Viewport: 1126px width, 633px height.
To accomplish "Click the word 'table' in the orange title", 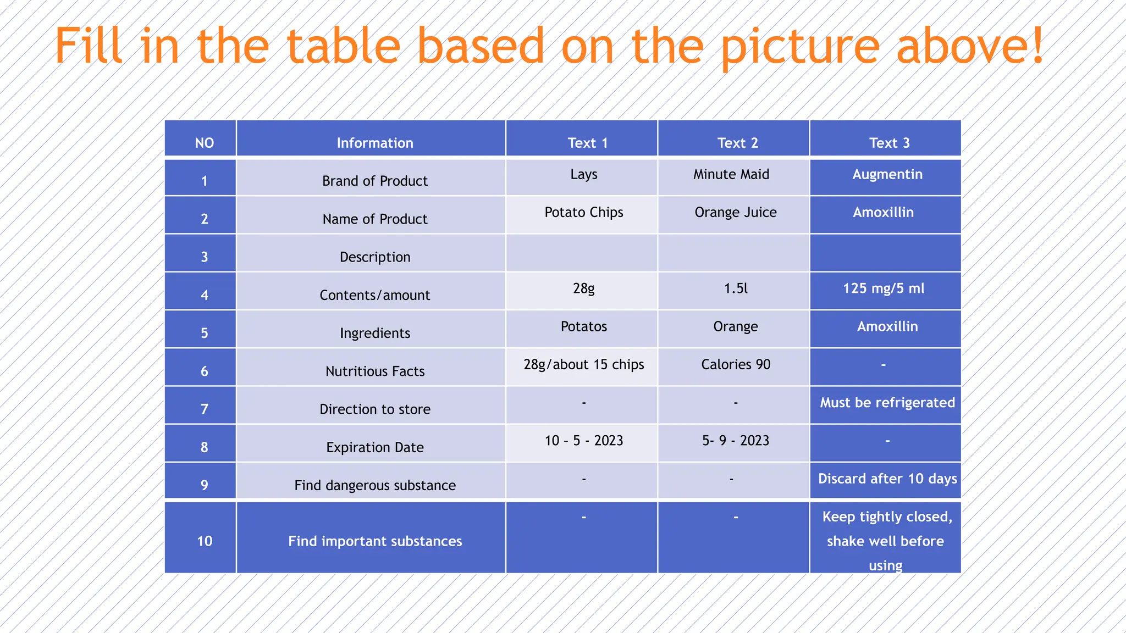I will click(x=344, y=46).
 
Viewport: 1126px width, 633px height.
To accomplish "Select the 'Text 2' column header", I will click(x=737, y=143).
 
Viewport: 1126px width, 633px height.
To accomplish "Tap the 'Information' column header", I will click(x=375, y=143).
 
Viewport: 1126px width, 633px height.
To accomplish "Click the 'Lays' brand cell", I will click(x=583, y=175).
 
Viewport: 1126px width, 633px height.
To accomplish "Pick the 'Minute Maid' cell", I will click(x=731, y=175).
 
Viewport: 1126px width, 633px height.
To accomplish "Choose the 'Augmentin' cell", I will click(x=887, y=175).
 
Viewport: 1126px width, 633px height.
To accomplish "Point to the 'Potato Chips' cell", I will click(x=583, y=213).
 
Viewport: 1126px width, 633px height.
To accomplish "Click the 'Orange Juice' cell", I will click(x=736, y=213).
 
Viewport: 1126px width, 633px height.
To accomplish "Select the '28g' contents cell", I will click(x=583, y=288).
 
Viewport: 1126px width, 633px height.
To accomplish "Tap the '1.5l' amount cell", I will click(x=736, y=288).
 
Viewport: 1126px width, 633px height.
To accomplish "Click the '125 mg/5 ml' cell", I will click(x=884, y=288).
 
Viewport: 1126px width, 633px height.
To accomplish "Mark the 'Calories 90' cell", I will click(x=736, y=365).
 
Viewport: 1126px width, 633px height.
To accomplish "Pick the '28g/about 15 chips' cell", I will click(x=583, y=365).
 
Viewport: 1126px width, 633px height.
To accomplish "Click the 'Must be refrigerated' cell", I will click(x=887, y=403).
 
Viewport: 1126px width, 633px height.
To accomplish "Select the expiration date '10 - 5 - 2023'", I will click(x=583, y=441).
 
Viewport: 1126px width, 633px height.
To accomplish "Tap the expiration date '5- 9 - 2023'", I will click(x=736, y=441).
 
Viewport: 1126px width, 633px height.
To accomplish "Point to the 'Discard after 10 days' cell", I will click(x=887, y=479).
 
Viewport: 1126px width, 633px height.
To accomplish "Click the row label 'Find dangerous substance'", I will click(x=375, y=485).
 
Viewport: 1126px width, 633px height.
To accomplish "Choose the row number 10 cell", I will click(x=204, y=541).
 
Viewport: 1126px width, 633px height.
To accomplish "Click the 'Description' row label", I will click(x=375, y=257).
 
